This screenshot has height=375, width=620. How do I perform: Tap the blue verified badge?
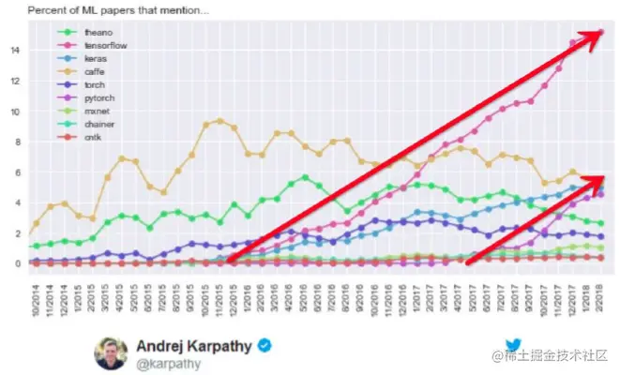coord(265,345)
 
